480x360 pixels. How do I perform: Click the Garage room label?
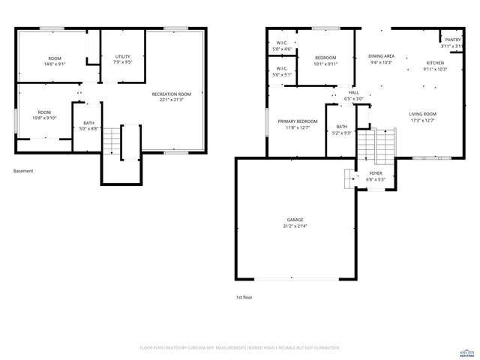click(x=295, y=219)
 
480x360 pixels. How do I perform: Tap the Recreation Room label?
click(x=171, y=94)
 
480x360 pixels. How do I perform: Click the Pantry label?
click(x=452, y=40)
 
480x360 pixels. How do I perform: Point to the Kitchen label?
click(x=435, y=63)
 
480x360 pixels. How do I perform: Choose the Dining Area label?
click(x=382, y=56)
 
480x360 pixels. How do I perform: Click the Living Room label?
click(x=423, y=114)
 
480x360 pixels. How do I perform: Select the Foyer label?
click(x=375, y=173)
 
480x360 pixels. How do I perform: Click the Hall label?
click(x=353, y=92)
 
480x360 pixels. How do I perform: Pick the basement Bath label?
click(x=88, y=123)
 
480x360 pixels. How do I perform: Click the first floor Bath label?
click(x=342, y=127)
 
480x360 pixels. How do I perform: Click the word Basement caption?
click(x=23, y=171)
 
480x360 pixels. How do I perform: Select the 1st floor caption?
click(x=244, y=298)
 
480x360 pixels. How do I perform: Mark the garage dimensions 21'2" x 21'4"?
click(x=295, y=226)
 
